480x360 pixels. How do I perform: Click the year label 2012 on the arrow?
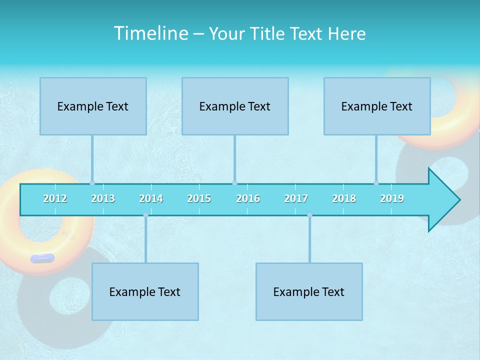(55, 198)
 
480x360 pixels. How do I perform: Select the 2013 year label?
(103, 198)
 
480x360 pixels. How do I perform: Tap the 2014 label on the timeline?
(151, 198)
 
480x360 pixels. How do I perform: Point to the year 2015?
(199, 198)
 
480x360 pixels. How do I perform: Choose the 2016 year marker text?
(248, 198)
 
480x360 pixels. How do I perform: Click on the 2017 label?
(296, 198)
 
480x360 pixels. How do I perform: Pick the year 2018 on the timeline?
(344, 198)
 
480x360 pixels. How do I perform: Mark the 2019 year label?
(392, 198)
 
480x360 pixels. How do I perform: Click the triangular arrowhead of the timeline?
(443, 200)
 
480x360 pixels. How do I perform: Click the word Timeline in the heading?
(150, 33)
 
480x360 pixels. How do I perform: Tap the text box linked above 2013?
(93, 106)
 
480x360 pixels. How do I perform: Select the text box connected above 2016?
(235, 106)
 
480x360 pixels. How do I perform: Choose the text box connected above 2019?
(377, 106)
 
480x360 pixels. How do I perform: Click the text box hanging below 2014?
(145, 291)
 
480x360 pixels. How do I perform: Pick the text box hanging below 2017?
(309, 291)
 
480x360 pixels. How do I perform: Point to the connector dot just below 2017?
(309, 215)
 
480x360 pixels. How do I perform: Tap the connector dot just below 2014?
(145, 215)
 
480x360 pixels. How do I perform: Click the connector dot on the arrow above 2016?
(234, 183)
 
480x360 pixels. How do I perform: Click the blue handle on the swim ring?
(42, 258)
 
